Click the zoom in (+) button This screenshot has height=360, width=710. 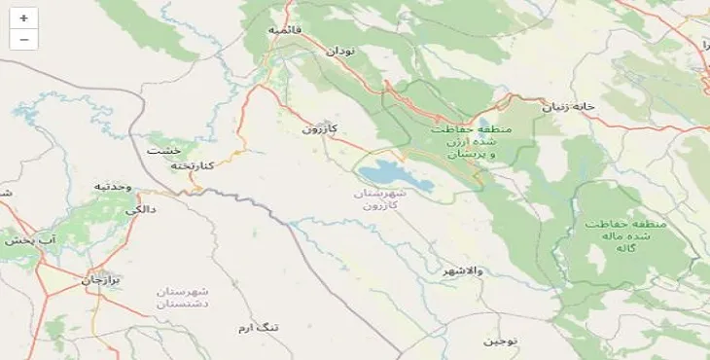point(23,18)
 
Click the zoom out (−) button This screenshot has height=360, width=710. point(23,39)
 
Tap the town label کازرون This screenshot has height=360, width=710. point(319,127)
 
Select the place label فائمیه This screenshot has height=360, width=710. point(285,30)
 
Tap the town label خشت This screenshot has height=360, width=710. point(158,151)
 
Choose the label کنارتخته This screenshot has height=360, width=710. point(192,165)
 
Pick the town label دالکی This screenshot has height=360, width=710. point(139,208)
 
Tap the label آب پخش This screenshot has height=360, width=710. point(27,238)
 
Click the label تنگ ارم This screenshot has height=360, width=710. point(259,328)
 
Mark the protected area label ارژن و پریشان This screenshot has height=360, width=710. point(465,142)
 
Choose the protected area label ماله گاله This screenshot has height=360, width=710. point(625,235)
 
